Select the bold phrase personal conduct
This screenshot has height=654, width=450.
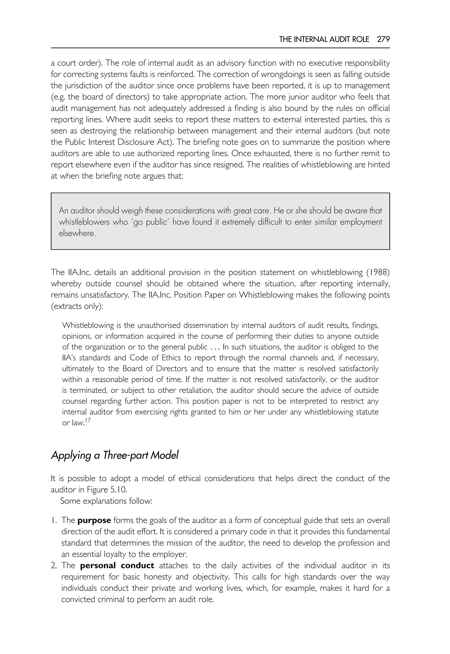tap(117, 565)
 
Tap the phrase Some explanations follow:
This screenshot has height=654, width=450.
tap(106, 501)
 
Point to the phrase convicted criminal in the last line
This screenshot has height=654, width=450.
tap(93, 599)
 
